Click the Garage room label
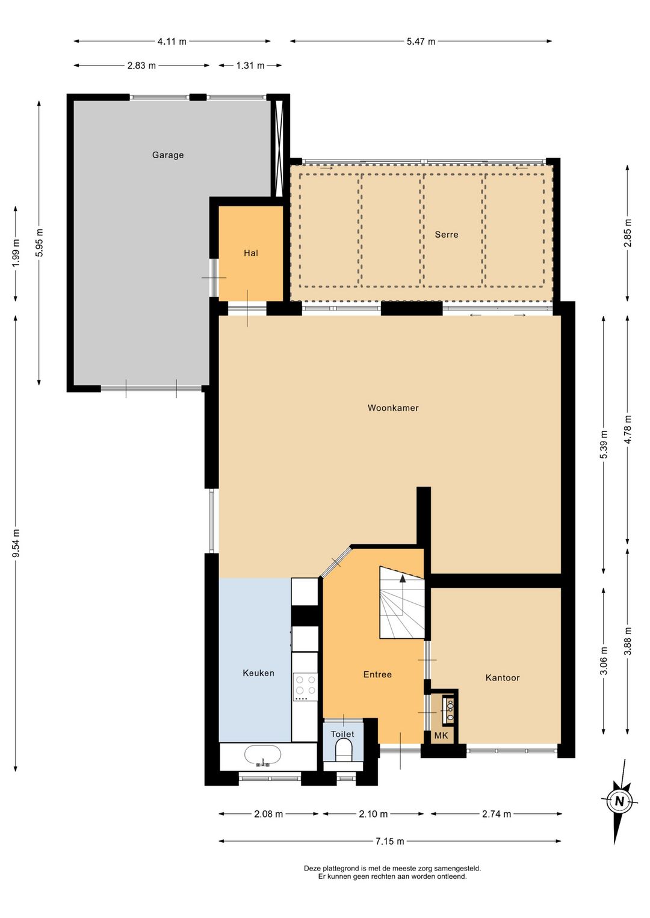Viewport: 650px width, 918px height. click(x=168, y=155)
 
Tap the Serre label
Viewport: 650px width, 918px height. click(x=447, y=235)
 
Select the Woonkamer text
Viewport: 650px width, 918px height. click(x=393, y=408)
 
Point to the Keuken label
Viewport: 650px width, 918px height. click(x=258, y=673)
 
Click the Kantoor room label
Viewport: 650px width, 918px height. click(x=503, y=678)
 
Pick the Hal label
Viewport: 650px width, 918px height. click(x=251, y=253)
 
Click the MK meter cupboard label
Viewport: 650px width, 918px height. click(x=441, y=736)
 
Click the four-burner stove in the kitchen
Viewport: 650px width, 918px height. click(x=306, y=687)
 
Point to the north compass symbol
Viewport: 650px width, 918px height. click(x=619, y=801)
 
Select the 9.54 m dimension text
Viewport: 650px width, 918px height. click(x=16, y=543)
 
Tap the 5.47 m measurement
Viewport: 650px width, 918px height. click(x=421, y=42)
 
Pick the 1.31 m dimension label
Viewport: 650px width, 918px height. click(x=250, y=66)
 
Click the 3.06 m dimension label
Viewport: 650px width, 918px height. click(x=603, y=661)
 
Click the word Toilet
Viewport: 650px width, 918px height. click(x=342, y=734)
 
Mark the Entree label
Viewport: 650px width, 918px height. click(x=377, y=674)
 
